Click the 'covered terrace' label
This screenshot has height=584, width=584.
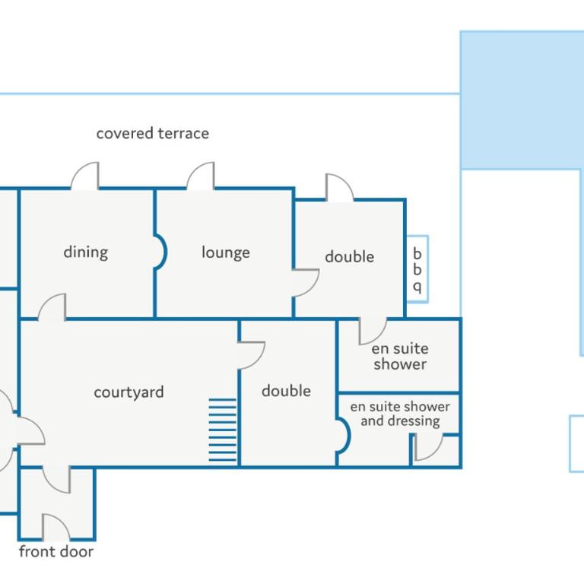click(x=153, y=133)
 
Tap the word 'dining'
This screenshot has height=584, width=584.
click(x=86, y=252)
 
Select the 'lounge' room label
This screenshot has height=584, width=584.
click(x=226, y=252)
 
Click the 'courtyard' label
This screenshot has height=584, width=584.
click(x=129, y=392)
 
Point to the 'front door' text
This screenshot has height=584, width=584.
click(x=56, y=551)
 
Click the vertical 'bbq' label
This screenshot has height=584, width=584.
click(x=417, y=270)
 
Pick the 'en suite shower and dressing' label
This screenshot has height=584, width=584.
click(x=400, y=414)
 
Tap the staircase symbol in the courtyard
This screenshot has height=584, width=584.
click(x=222, y=430)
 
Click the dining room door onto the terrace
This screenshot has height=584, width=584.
click(x=85, y=176)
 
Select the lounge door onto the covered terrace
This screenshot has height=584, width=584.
click(x=201, y=176)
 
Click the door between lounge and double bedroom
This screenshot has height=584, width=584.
click(x=306, y=283)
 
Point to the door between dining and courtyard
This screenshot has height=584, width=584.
click(x=52, y=307)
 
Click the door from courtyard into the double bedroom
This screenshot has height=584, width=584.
click(x=252, y=355)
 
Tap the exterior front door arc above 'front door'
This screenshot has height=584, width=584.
click(x=56, y=527)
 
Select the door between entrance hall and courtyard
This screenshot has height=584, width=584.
click(x=56, y=480)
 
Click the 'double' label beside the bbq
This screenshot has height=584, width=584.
click(x=349, y=256)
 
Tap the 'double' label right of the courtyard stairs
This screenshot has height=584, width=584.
click(x=286, y=391)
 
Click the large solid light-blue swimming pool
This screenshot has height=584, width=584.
click(x=522, y=100)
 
